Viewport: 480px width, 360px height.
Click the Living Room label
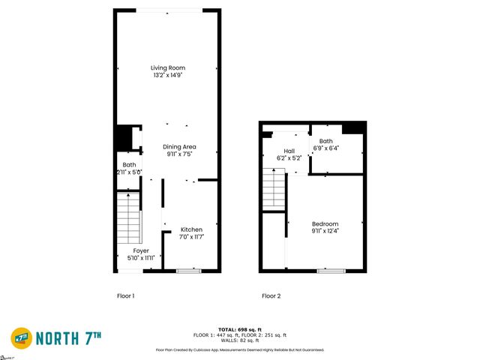coord(167,67)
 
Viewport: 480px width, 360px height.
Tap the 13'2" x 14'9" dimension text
coord(167,75)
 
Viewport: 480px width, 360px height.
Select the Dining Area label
coord(180,146)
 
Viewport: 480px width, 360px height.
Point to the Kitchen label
coord(191,229)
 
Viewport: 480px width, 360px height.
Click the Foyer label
coord(141,250)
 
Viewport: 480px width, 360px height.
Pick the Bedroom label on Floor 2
coord(325,223)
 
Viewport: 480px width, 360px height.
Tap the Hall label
coord(289,151)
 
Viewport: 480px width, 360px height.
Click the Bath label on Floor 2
coord(325,141)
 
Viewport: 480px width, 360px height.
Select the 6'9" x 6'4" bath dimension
coord(325,148)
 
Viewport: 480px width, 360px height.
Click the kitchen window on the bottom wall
coord(188,270)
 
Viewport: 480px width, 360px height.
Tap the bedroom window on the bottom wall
coord(325,270)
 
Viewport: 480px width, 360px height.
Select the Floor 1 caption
coord(125,295)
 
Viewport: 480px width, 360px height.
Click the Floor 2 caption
coord(271,295)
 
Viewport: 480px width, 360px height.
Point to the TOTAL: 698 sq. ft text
coord(239,330)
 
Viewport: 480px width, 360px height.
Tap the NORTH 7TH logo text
coord(79,338)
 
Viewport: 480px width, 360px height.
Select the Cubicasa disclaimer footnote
coord(239,349)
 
